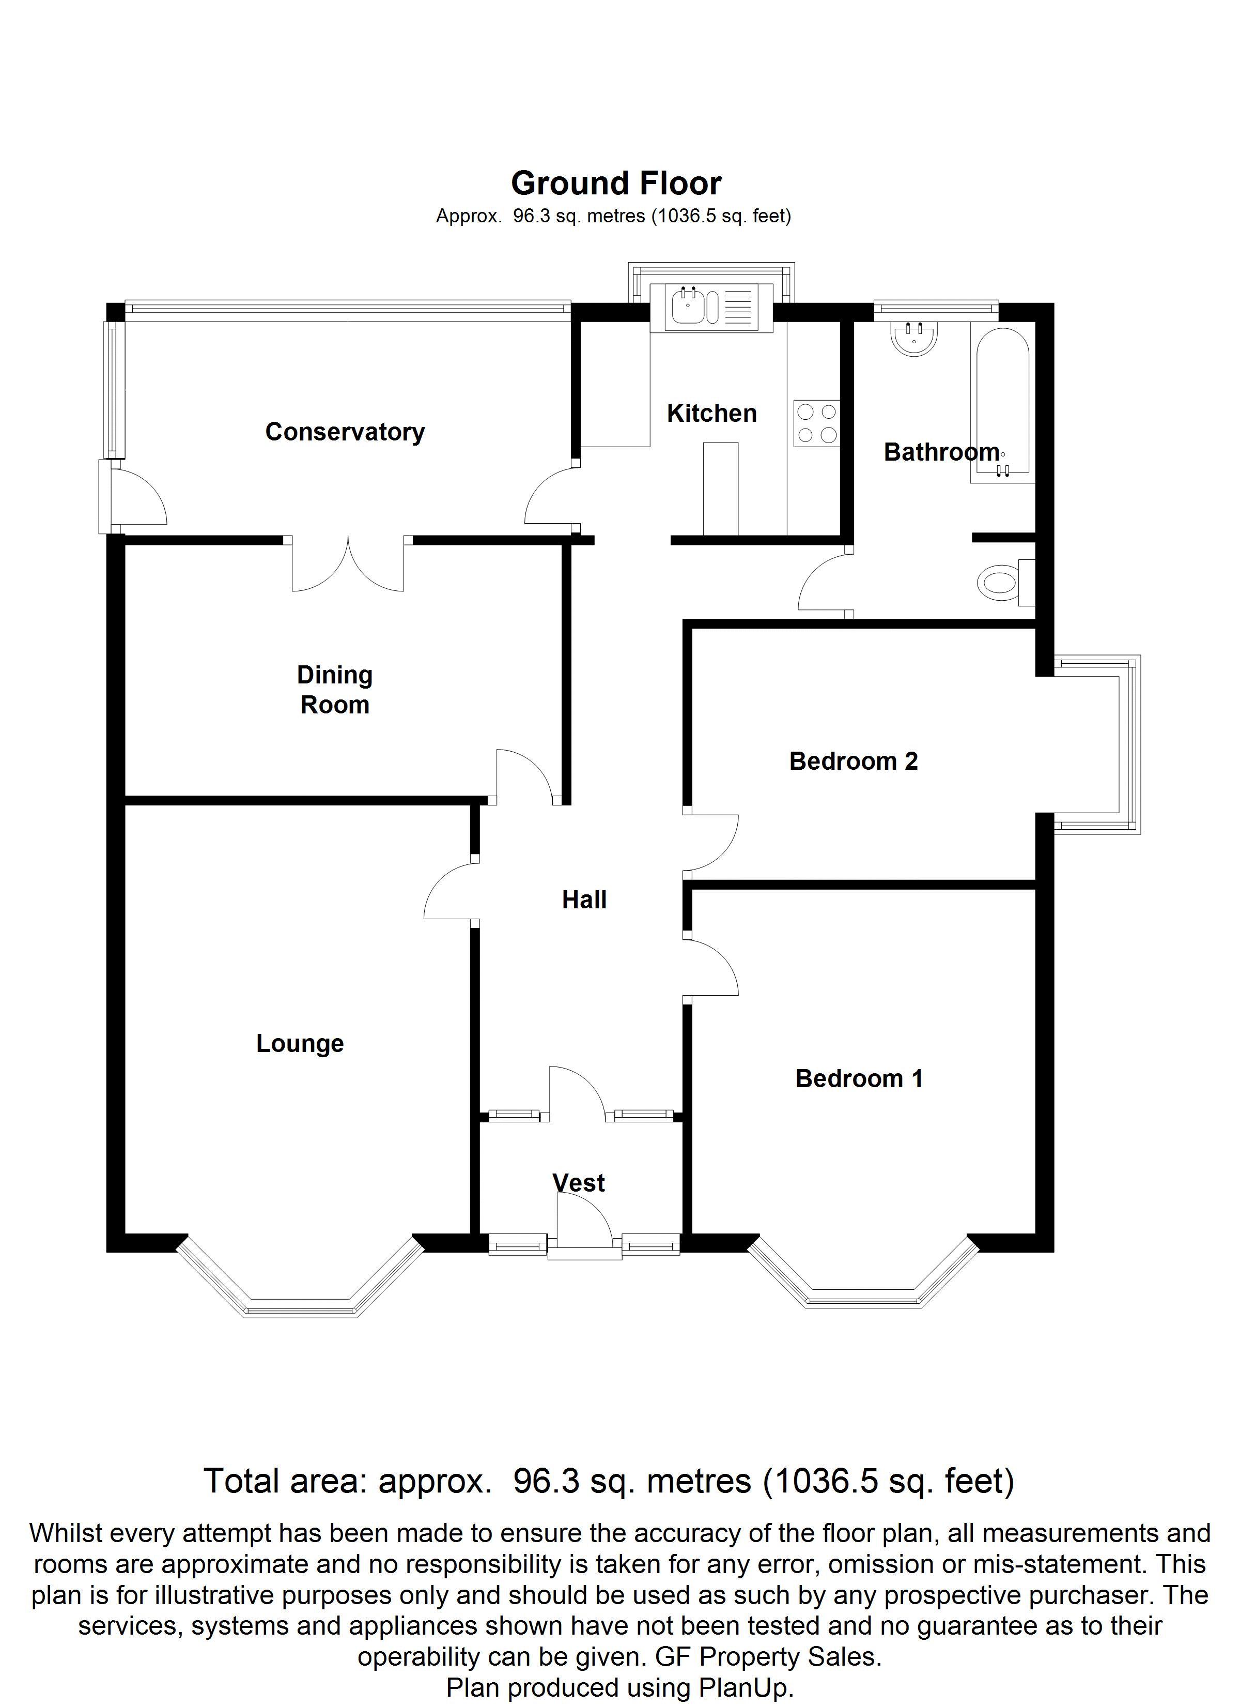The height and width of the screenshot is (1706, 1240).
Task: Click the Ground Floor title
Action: pyautogui.click(x=616, y=184)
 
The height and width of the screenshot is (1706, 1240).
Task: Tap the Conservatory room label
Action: pyautogui.click(x=345, y=432)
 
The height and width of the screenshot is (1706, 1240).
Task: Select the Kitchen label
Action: pyautogui.click(x=711, y=413)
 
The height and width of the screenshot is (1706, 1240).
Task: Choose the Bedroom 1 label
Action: pyautogui.click(x=859, y=1079)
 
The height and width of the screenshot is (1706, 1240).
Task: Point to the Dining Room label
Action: pyautogui.click(x=335, y=690)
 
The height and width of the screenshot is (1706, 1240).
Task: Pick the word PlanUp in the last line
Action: pyautogui.click(x=745, y=1688)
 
